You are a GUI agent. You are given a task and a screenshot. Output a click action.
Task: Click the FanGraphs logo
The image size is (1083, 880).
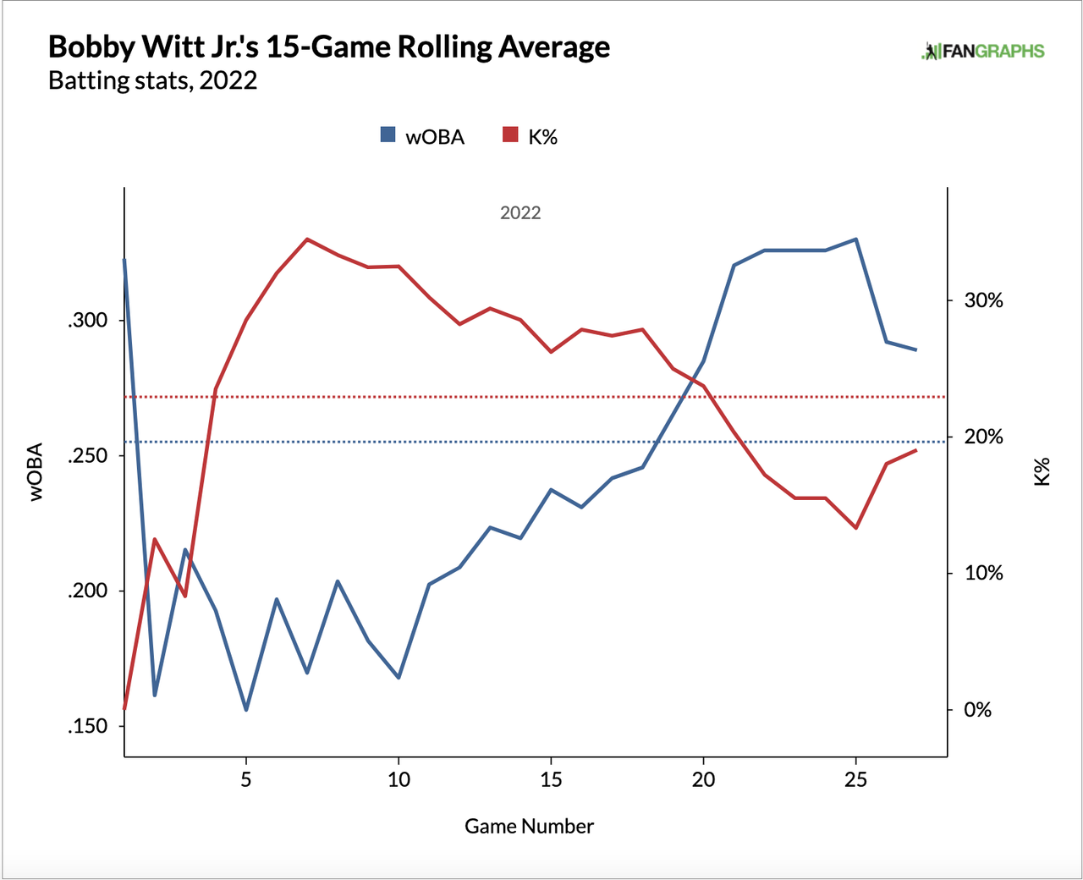point(982,52)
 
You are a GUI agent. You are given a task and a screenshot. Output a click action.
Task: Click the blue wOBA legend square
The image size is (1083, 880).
point(388,135)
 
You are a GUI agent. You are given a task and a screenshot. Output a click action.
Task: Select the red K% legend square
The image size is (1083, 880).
point(510,135)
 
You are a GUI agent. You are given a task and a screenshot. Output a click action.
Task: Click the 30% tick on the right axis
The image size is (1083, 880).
point(983,300)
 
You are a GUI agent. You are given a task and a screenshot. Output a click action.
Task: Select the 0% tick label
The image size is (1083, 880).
point(977,710)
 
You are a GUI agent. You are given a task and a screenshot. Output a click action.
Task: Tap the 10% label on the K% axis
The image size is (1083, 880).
point(983,574)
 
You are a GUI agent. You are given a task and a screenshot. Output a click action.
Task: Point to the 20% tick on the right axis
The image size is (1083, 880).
point(983,437)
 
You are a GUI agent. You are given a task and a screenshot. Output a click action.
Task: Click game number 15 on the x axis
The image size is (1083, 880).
point(551,779)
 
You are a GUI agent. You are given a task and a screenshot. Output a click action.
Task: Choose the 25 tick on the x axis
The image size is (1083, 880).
point(855,779)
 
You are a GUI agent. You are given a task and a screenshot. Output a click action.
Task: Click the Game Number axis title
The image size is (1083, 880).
point(529,827)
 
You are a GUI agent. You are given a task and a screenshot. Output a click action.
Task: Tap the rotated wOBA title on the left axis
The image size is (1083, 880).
point(36,472)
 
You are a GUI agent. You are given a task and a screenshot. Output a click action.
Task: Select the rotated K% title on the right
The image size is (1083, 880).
point(1042,471)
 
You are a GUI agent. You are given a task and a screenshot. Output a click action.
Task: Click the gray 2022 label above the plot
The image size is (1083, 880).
point(520,213)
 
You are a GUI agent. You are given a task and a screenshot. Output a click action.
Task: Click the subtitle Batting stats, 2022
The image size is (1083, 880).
point(152,80)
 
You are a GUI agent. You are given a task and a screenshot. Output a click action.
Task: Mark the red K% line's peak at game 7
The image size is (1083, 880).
point(307,239)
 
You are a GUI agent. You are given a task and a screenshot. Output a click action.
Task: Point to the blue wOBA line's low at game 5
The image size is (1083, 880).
point(246,710)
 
